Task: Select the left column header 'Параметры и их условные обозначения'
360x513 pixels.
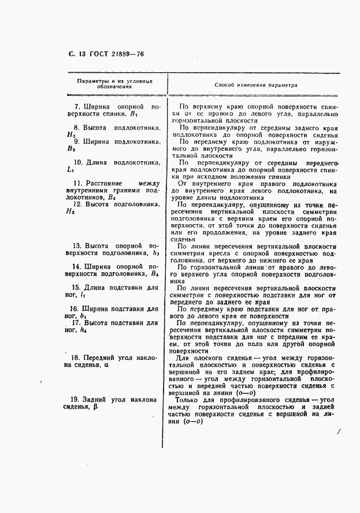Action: tap(114, 84)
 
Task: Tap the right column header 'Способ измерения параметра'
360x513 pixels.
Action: tap(255, 84)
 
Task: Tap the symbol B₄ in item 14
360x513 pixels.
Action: tap(154, 273)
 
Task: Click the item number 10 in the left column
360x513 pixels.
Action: tap(76, 162)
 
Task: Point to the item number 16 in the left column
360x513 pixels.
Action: tap(74, 308)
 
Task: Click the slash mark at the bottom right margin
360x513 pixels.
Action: tap(339, 430)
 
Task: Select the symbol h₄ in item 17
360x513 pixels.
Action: tap(84, 330)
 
